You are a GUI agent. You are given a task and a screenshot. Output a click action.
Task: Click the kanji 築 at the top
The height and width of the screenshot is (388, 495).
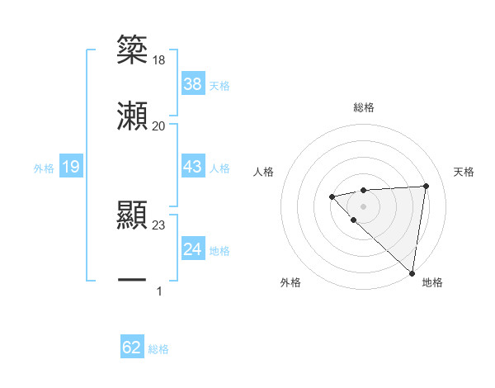(x=132, y=49)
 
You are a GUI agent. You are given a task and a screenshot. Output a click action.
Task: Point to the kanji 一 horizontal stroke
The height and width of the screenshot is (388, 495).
(x=132, y=281)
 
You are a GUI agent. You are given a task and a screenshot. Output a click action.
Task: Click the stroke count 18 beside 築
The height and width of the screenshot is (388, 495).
(x=159, y=59)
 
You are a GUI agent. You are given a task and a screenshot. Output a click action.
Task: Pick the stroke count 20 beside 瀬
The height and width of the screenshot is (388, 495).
(x=159, y=125)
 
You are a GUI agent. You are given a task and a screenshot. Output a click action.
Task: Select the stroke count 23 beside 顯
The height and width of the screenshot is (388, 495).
(x=159, y=225)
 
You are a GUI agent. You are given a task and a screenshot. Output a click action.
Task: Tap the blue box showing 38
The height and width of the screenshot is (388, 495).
(x=193, y=83)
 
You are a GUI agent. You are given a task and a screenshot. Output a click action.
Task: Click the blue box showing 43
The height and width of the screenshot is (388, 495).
(x=193, y=167)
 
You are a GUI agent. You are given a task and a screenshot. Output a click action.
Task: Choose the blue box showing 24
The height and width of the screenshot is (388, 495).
(x=193, y=248)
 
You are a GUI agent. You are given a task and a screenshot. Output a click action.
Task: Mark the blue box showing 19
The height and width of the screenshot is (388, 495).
(x=71, y=167)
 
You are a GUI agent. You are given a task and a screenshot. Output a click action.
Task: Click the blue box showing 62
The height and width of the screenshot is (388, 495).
(x=132, y=348)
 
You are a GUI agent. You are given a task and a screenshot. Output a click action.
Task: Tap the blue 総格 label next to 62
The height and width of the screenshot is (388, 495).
(x=158, y=349)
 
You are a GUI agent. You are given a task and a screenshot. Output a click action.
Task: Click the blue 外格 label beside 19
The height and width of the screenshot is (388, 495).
(x=44, y=168)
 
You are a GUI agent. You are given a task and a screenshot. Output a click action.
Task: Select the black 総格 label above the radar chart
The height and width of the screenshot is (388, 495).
(x=363, y=107)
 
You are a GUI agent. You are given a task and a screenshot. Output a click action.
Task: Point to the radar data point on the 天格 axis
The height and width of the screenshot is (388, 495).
(x=426, y=186)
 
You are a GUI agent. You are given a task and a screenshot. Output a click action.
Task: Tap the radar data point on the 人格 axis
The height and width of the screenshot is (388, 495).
(x=332, y=196)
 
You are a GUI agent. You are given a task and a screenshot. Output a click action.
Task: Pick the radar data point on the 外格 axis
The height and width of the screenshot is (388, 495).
(x=353, y=220)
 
